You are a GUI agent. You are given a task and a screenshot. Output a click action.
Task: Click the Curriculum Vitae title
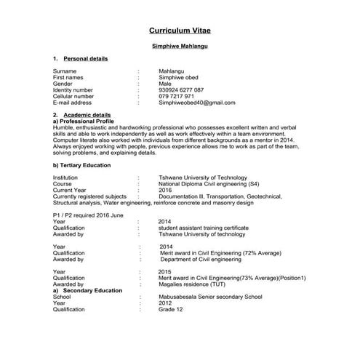click(180, 32)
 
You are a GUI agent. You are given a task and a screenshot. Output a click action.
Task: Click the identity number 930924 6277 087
click(181, 90)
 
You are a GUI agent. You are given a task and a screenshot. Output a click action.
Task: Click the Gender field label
click(63, 84)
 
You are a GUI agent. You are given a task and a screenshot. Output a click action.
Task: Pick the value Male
click(165, 84)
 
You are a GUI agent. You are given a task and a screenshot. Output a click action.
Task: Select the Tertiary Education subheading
click(81, 165)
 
